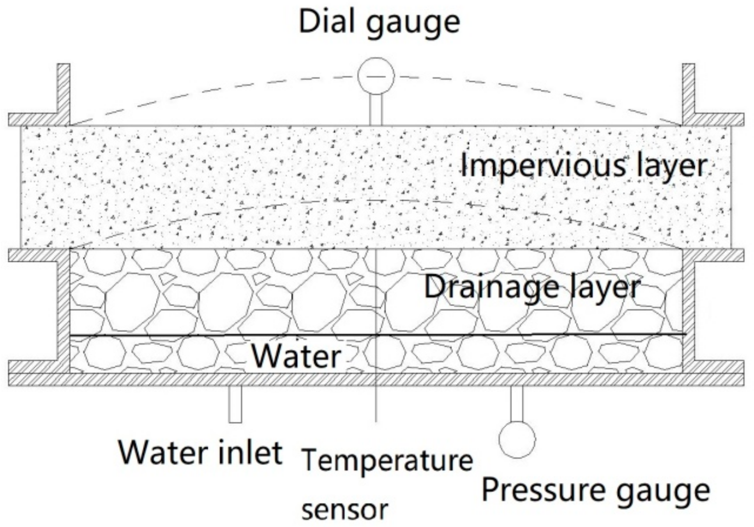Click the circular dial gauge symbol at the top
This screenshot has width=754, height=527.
(376, 76)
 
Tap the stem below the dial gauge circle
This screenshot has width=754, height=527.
(376, 109)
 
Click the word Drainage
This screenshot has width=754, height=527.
(491, 287)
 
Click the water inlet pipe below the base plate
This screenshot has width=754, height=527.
(235, 404)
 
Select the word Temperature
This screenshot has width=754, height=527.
(387, 460)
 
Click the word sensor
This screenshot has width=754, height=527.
(345, 509)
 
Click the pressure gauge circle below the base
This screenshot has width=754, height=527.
(517, 439)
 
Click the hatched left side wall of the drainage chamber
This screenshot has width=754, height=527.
(64, 312)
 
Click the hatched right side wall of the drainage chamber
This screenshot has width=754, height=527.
(688, 312)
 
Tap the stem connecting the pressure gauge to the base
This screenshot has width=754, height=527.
(517, 404)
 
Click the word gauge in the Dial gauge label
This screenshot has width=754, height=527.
(413, 23)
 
